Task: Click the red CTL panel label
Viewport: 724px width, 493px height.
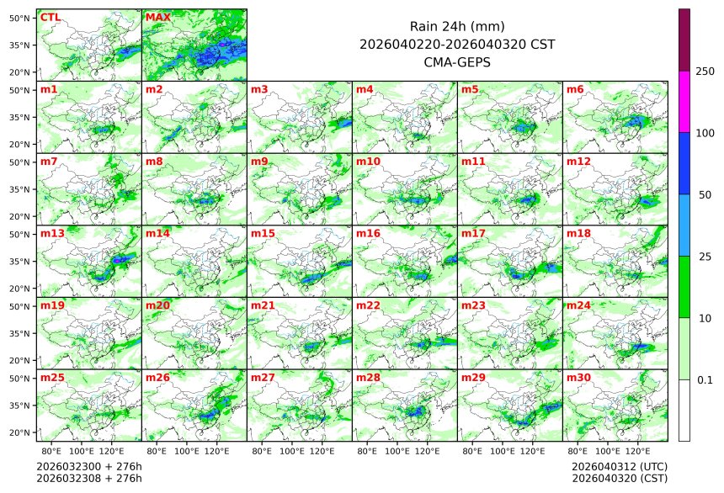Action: coord(51,17)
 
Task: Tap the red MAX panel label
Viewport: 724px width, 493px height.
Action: coord(157,17)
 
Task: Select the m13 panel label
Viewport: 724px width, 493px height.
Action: coord(52,233)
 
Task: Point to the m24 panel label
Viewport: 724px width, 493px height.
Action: coord(578,305)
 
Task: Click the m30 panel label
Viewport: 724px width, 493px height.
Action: coord(578,378)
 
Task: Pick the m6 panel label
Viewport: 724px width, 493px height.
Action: coord(575,89)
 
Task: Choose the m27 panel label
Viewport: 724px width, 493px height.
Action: coord(263,378)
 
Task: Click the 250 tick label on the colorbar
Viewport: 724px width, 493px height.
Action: coord(705,72)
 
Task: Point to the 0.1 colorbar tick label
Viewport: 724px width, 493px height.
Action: coord(705,379)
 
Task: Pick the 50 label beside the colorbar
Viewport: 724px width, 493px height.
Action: coord(705,194)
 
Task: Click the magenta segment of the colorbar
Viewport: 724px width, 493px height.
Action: coord(684,101)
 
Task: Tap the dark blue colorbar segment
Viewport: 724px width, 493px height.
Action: coord(684,163)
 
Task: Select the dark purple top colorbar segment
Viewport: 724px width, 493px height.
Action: coord(684,40)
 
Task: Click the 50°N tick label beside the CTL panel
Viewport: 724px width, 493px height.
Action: coord(20,18)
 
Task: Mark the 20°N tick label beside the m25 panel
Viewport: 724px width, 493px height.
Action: coord(20,432)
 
